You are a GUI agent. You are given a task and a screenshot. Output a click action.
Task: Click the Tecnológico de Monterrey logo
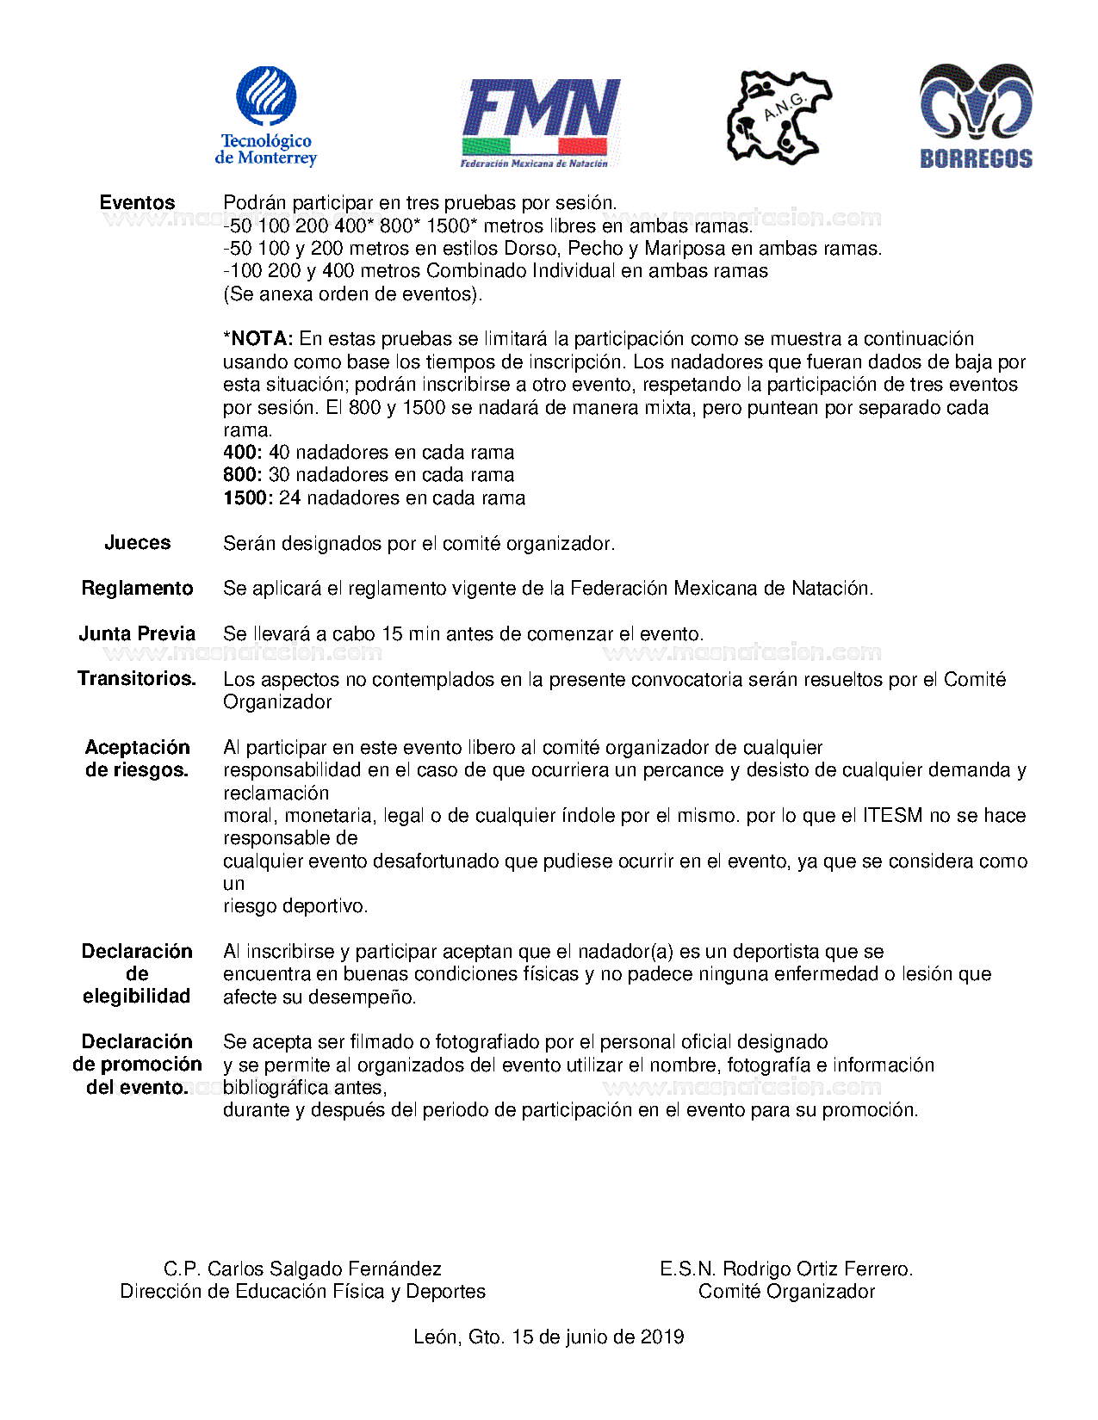pyautogui.click(x=266, y=115)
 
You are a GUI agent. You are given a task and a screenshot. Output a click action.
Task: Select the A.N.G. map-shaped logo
pyautogui.click(x=778, y=117)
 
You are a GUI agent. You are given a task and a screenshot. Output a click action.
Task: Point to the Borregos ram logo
pyautogui.click(x=976, y=115)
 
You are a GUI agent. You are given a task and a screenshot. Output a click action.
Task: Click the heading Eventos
pyautogui.click(x=137, y=203)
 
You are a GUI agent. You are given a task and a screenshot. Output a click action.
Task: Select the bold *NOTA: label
pyautogui.click(x=258, y=339)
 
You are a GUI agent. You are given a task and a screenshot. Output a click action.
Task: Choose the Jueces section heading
pyautogui.click(x=137, y=543)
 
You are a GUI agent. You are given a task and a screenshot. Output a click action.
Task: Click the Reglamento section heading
pyautogui.click(x=137, y=589)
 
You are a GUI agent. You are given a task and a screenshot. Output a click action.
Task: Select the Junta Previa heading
pyautogui.click(x=137, y=634)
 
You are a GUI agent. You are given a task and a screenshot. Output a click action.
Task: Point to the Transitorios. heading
pyautogui.click(x=137, y=679)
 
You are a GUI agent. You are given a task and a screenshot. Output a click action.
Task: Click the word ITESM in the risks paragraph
pyautogui.click(x=892, y=816)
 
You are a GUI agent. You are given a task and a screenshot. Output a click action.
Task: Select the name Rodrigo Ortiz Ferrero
pyautogui.click(x=817, y=1269)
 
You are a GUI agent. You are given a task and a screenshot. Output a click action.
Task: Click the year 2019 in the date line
pyautogui.click(x=662, y=1337)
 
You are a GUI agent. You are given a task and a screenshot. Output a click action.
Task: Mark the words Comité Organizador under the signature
pyautogui.click(x=786, y=1292)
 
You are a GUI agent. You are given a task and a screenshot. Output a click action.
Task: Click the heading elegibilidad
pyautogui.click(x=137, y=997)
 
